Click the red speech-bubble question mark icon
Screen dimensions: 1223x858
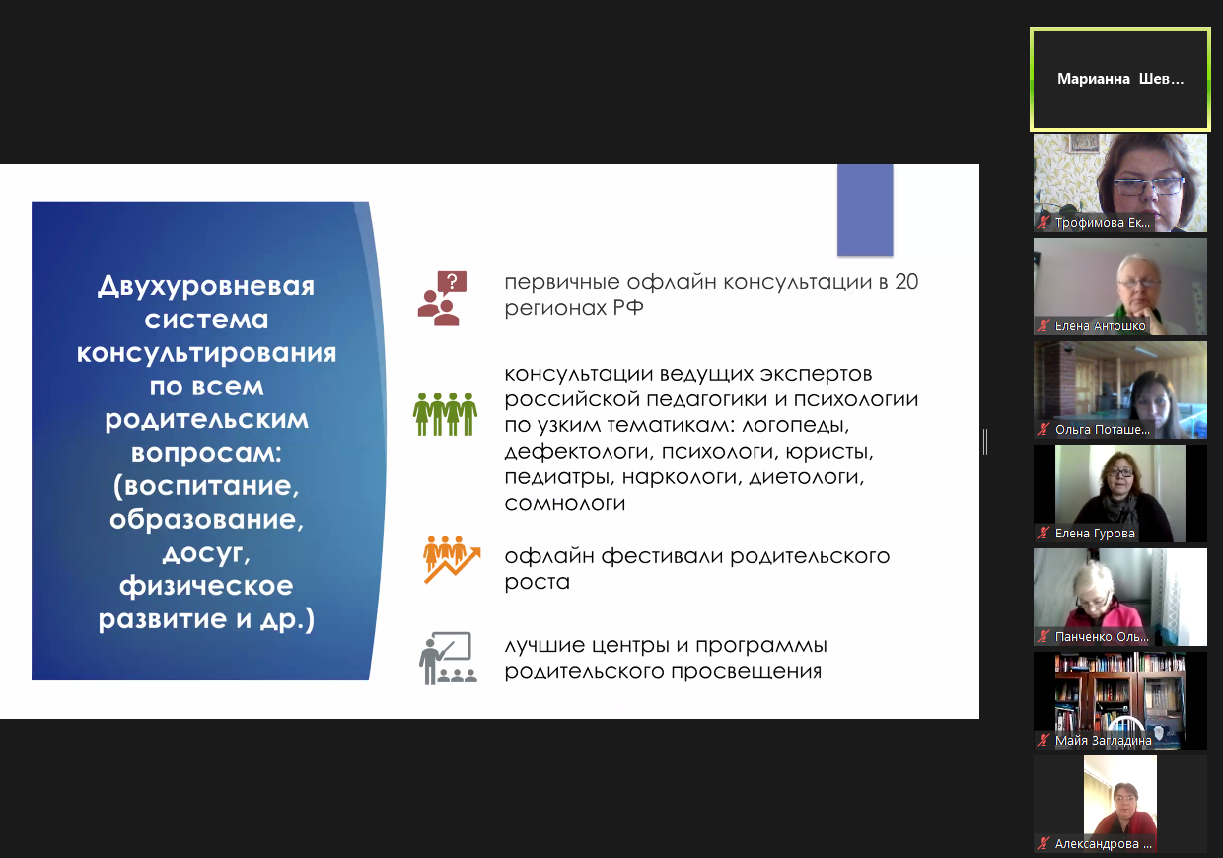point(442,299)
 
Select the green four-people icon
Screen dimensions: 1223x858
point(445,414)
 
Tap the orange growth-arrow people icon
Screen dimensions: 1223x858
point(452,559)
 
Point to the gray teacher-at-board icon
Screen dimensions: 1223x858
point(448,658)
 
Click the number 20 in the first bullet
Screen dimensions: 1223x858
point(906,282)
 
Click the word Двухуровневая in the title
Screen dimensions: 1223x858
point(206,285)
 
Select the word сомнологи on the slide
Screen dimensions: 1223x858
point(564,503)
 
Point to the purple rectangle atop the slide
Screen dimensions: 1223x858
point(865,210)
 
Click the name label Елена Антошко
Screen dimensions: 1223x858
point(1100,325)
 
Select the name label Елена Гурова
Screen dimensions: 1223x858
point(1095,533)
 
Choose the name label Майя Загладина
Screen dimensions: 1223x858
point(1103,740)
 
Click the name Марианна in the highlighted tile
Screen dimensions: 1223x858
point(1093,79)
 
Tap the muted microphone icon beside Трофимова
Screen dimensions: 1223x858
point(1043,222)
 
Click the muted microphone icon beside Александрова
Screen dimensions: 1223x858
point(1043,844)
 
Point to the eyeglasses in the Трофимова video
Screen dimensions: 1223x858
point(1148,186)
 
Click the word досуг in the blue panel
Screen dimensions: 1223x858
point(206,553)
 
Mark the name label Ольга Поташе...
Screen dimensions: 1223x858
point(1102,430)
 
